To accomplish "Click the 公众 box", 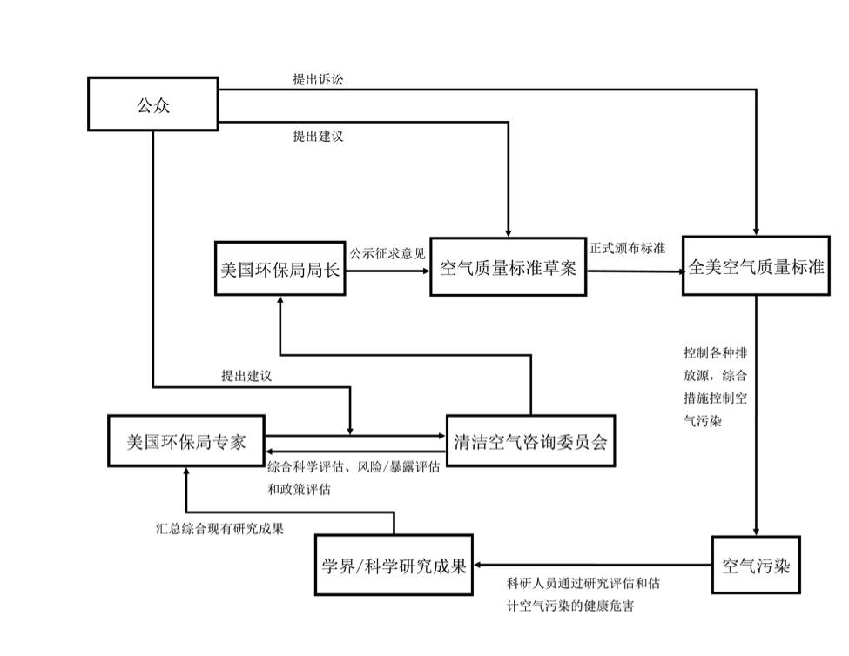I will click(152, 104).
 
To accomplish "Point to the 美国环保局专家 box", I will click(185, 442).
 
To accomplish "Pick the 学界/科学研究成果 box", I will click(394, 566).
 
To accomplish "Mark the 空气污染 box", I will click(755, 566).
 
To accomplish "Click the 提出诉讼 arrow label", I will click(319, 79).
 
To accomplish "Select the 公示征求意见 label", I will click(387, 254).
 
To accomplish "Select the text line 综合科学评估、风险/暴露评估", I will click(353, 468).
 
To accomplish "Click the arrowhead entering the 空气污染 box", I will click(755, 534).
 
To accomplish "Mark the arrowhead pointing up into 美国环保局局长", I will click(280, 299).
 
